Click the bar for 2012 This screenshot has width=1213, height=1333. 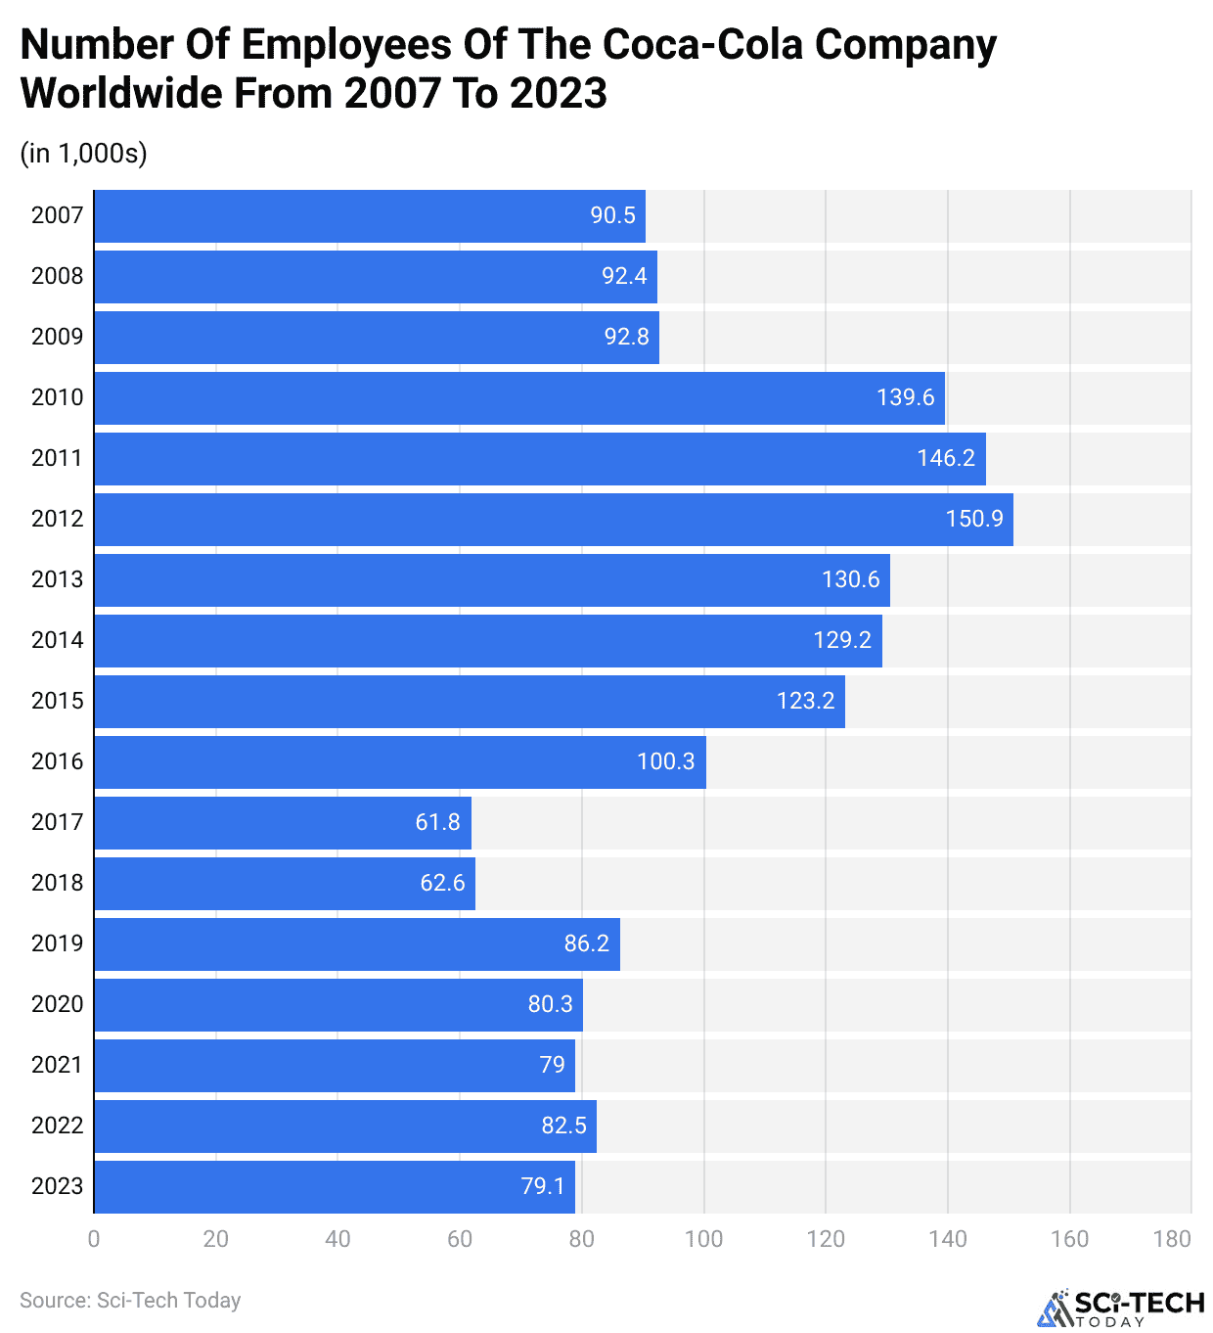click(x=554, y=520)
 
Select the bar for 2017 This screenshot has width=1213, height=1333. click(x=283, y=823)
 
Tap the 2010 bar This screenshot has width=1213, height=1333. click(x=519, y=398)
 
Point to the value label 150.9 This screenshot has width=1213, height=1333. click(x=974, y=519)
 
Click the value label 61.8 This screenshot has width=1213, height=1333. click(x=437, y=822)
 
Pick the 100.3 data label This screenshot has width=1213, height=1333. click(x=665, y=761)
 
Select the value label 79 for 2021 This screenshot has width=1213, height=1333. click(x=552, y=1065)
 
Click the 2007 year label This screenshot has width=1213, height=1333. click(x=57, y=216)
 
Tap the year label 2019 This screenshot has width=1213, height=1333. click(x=57, y=943)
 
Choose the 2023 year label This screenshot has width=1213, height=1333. click(x=57, y=1186)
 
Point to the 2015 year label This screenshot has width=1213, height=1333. click(x=57, y=701)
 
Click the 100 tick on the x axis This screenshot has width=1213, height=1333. click(x=703, y=1239)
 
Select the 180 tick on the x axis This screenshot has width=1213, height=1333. click(x=1172, y=1239)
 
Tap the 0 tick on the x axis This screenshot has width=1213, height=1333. click(x=94, y=1239)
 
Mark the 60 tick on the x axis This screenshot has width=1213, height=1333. click(x=460, y=1239)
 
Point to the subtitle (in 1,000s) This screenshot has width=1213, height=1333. click(x=83, y=154)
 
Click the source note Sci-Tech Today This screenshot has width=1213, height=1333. click(x=130, y=1301)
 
